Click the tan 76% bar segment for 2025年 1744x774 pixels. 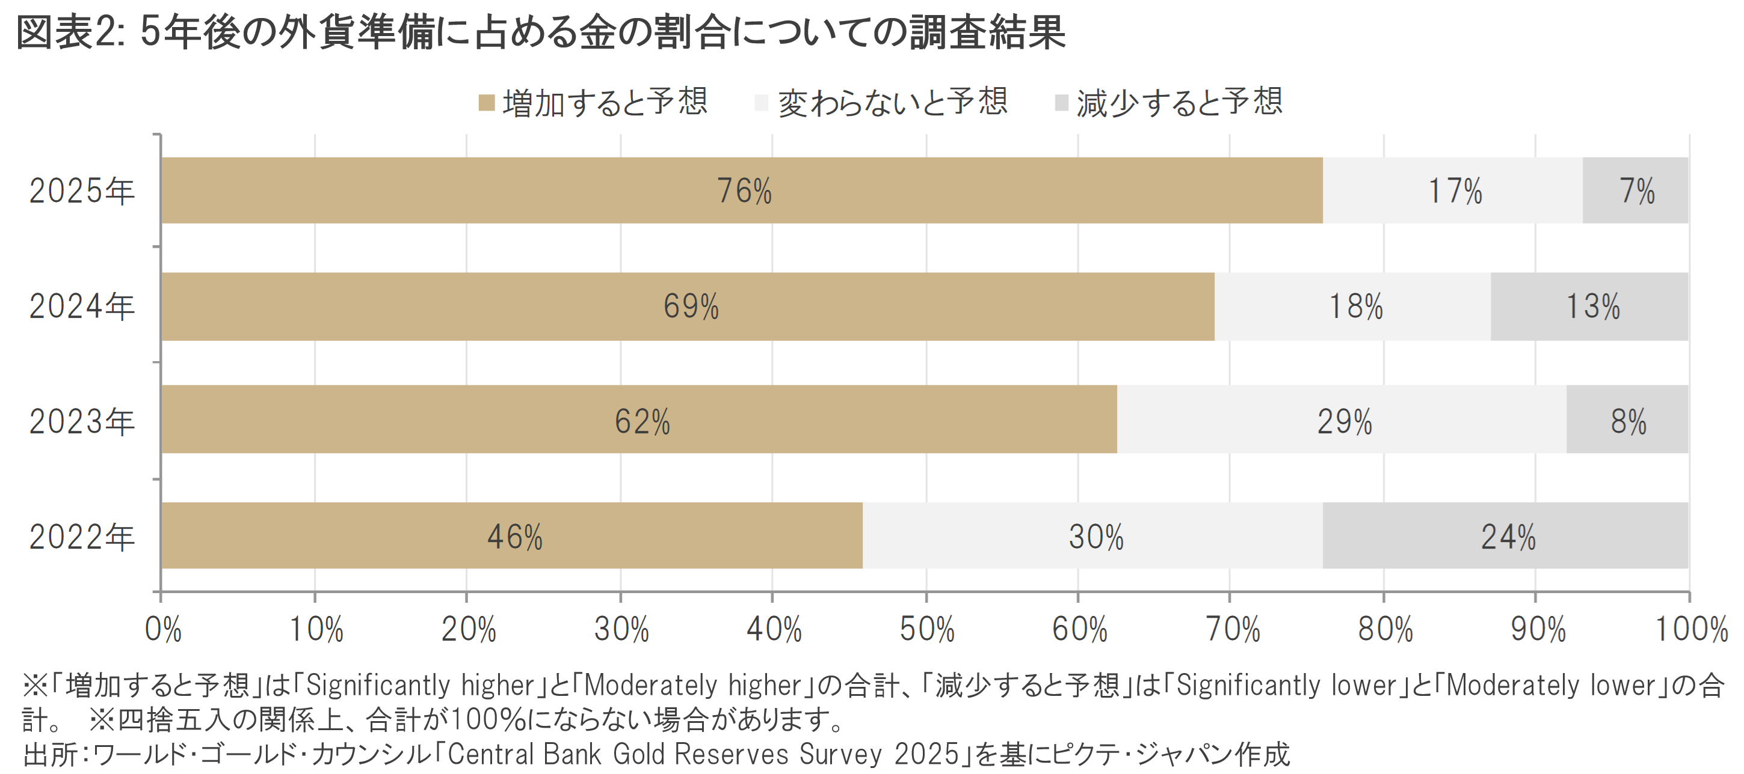pos(741,190)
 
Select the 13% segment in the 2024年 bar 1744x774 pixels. pos(1589,306)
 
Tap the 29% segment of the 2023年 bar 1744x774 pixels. pos(1342,419)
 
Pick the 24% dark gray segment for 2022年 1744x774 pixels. pos(1505,535)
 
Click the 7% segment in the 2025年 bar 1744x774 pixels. pos(1635,190)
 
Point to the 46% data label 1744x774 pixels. pos(514,537)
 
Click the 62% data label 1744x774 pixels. pos(642,421)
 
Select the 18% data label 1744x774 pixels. pos(1355,306)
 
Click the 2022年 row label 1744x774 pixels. pos(82,537)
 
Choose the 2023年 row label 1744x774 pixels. pos(82,421)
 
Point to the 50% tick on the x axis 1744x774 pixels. pos(926,629)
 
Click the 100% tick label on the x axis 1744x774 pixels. pos(1691,629)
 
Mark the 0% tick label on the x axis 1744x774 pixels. pos(163,629)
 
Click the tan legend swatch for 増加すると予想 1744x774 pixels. pos(486,103)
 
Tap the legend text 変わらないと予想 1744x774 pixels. pos(892,103)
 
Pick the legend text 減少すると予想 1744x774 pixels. pos(1179,103)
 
